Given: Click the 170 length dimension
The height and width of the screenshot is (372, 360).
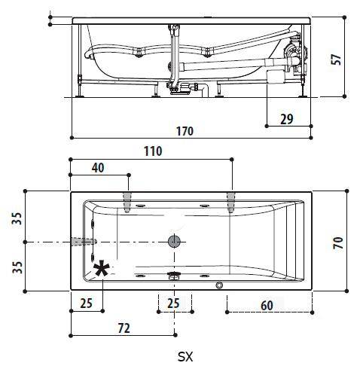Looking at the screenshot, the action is pyautogui.click(x=185, y=131).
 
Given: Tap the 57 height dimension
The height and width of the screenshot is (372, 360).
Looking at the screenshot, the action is pyautogui.click(x=336, y=59).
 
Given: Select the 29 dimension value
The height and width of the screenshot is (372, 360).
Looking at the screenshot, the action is pyautogui.click(x=287, y=119).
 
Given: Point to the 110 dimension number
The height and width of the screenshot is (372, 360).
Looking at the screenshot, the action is pyautogui.click(x=153, y=151).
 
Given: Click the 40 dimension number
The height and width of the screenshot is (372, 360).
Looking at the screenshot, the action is pyautogui.click(x=98, y=168).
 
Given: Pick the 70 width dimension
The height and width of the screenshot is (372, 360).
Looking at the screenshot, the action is pyautogui.click(x=338, y=242).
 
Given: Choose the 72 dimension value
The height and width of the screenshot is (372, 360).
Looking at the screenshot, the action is pyautogui.click(x=124, y=328).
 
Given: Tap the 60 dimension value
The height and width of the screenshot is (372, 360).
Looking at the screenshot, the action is pyautogui.click(x=267, y=306).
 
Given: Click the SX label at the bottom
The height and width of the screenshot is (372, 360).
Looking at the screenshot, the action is pyautogui.click(x=185, y=356).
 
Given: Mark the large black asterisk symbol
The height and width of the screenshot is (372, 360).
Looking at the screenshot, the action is pyautogui.click(x=102, y=269).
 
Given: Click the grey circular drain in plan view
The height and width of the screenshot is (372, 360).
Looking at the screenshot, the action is pyautogui.click(x=174, y=241).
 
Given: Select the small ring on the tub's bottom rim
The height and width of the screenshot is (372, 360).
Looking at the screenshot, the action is pyautogui.click(x=219, y=285).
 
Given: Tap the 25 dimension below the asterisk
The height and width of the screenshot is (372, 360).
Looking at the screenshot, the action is pyautogui.click(x=87, y=303).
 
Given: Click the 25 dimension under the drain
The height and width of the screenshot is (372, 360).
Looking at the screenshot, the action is pyautogui.click(x=173, y=303).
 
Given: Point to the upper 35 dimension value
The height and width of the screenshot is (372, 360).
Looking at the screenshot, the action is pyautogui.click(x=17, y=218).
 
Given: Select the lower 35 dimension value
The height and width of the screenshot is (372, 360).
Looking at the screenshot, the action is pyautogui.click(x=17, y=267).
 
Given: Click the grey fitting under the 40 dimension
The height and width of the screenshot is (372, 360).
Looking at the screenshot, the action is pyautogui.click(x=127, y=203).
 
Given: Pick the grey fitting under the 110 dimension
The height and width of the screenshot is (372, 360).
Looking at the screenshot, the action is pyautogui.click(x=231, y=203).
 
